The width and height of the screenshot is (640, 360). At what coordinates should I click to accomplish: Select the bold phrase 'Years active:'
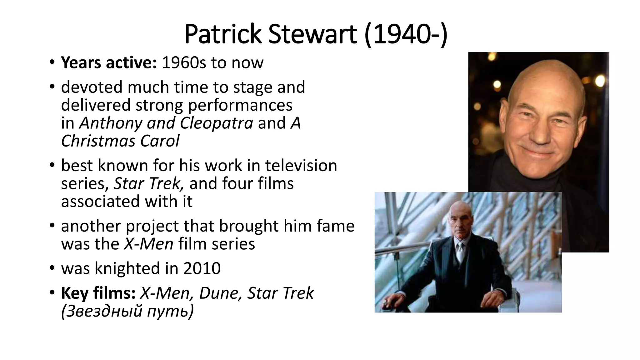point(108,63)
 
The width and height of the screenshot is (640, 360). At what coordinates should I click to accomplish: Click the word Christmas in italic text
point(98,141)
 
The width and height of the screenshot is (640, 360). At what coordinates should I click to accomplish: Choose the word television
point(301,165)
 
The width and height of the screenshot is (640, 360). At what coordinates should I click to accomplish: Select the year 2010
point(202,268)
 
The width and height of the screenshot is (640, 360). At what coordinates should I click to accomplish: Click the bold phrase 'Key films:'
point(98,293)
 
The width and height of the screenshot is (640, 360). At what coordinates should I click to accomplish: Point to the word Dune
point(220,293)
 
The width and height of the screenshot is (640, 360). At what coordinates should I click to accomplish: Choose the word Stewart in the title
point(312,34)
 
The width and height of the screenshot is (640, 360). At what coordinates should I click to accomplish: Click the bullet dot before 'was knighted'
point(52,268)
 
